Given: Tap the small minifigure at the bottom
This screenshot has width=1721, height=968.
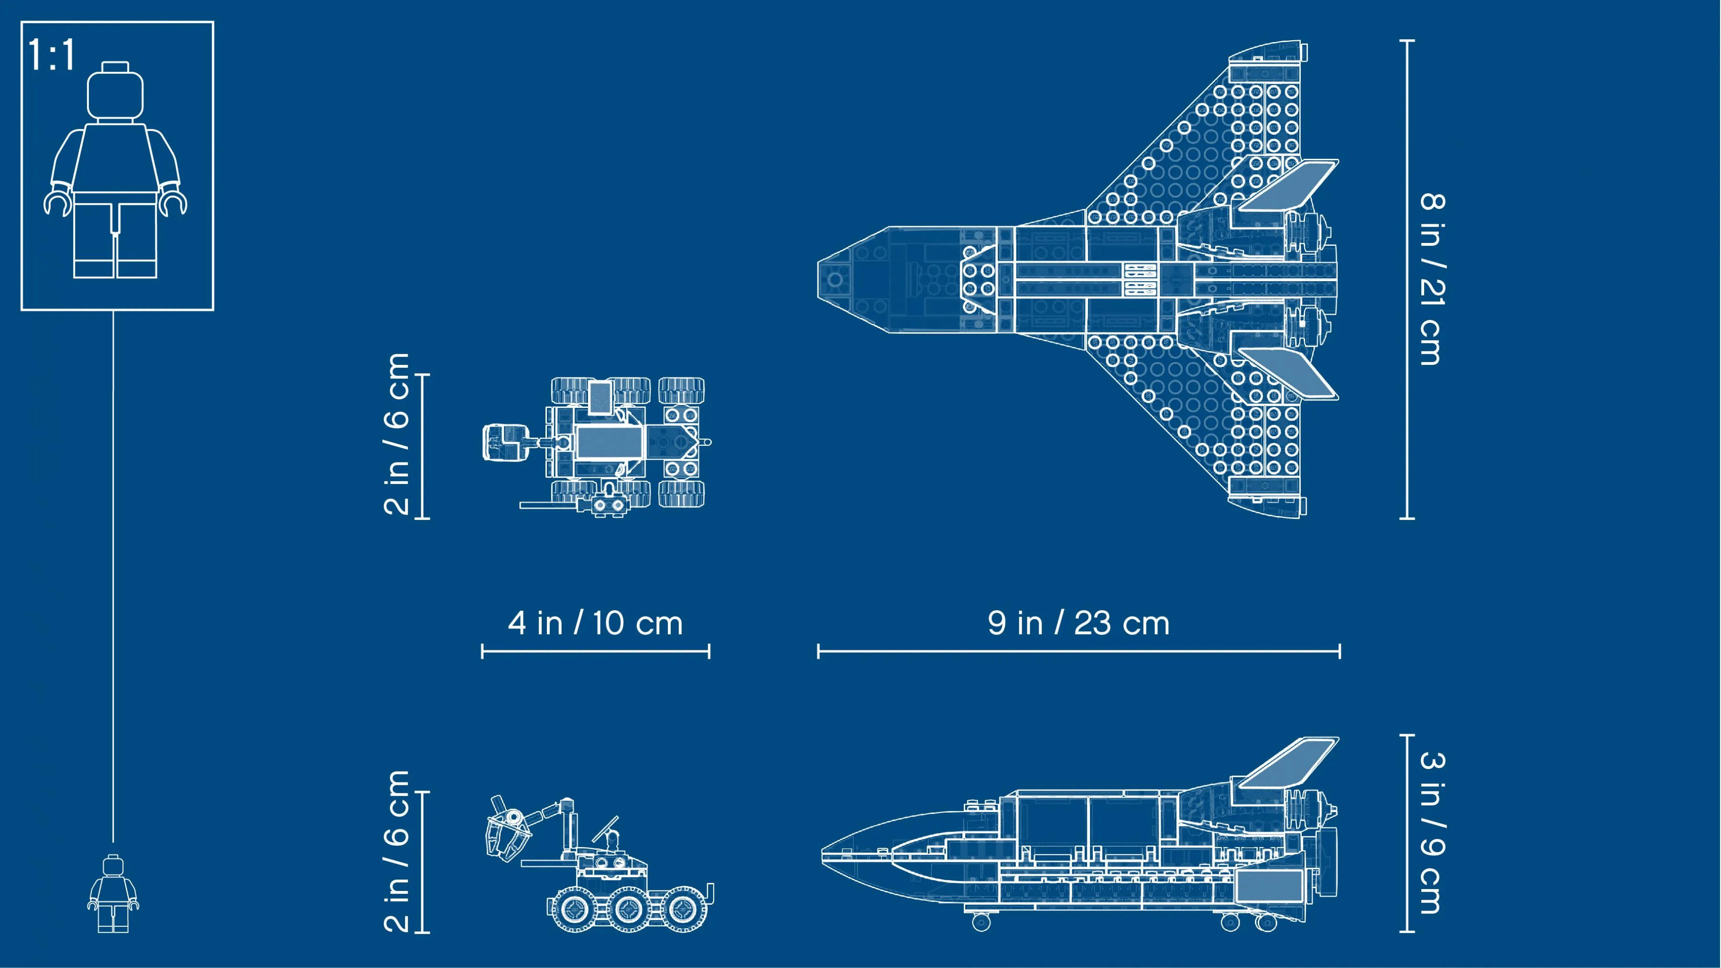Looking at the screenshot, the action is coord(113,894).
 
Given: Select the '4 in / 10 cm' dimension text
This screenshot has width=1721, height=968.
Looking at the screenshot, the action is coord(595,623).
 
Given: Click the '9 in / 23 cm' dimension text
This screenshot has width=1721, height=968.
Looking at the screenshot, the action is coord(1078,623).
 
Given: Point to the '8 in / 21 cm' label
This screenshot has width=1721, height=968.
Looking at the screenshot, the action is coord(1432,279).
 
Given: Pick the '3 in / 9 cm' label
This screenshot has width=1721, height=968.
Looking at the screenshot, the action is coord(1432,832).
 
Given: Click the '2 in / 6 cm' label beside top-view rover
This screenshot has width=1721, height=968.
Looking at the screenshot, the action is coord(396,434).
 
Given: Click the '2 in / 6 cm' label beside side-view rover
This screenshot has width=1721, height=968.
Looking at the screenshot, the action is coord(396,851).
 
